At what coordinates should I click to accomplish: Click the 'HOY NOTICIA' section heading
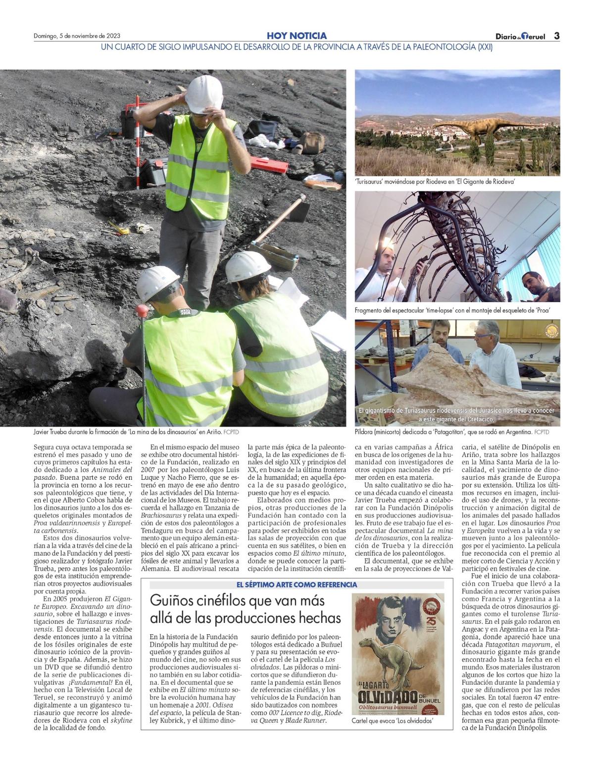click(297, 36)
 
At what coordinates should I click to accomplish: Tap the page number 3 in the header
click(556, 36)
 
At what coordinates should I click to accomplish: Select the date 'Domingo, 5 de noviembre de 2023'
click(77, 36)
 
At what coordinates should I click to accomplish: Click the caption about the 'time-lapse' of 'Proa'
click(453, 310)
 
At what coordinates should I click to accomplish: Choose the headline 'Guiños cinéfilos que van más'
click(237, 601)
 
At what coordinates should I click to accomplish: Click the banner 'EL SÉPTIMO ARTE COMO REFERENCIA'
click(297, 585)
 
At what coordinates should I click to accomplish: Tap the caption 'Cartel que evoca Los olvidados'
click(392, 721)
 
